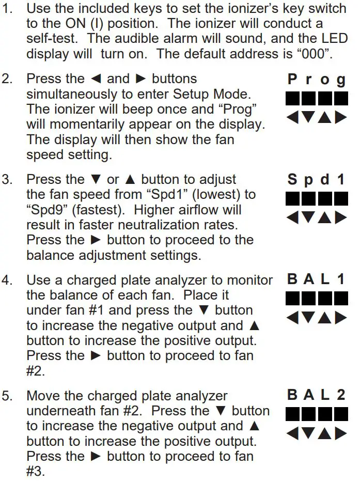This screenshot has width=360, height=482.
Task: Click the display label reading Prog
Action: (x=317, y=80)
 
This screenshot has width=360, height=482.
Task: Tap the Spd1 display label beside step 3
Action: (x=317, y=180)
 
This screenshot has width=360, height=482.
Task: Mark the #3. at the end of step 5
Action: (x=36, y=471)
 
